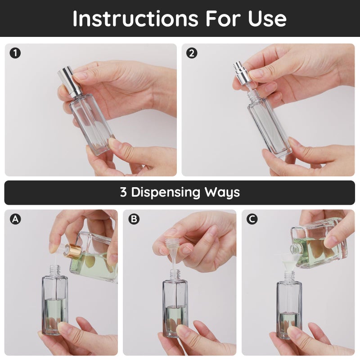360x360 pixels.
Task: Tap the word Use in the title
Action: tap(267, 18)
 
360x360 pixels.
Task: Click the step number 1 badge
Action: tap(15, 54)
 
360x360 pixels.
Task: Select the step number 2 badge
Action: tap(192, 54)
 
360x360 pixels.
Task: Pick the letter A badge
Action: tap(15, 219)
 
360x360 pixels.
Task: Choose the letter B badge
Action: tap(134, 219)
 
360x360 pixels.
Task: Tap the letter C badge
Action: tap(252, 219)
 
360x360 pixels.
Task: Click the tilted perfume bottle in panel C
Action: tap(320, 245)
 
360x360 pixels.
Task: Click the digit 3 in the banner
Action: tap(124, 193)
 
